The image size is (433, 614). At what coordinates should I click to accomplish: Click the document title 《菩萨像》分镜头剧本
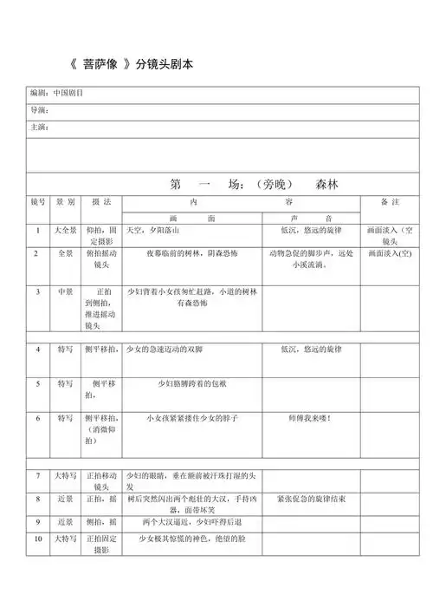click(x=144, y=65)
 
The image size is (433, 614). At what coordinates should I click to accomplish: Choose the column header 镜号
click(x=37, y=201)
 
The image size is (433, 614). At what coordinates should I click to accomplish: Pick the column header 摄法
click(x=101, y=201)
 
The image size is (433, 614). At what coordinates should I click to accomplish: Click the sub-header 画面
click(x=191, y=218)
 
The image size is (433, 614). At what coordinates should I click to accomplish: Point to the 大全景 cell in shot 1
click(x=65, y=232)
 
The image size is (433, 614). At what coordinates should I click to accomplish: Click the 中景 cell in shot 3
click(x=65, y=292)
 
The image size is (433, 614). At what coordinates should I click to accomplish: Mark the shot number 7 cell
click(x=37, y=476)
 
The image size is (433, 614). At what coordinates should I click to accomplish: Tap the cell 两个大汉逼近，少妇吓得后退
click(x=191, y=522)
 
